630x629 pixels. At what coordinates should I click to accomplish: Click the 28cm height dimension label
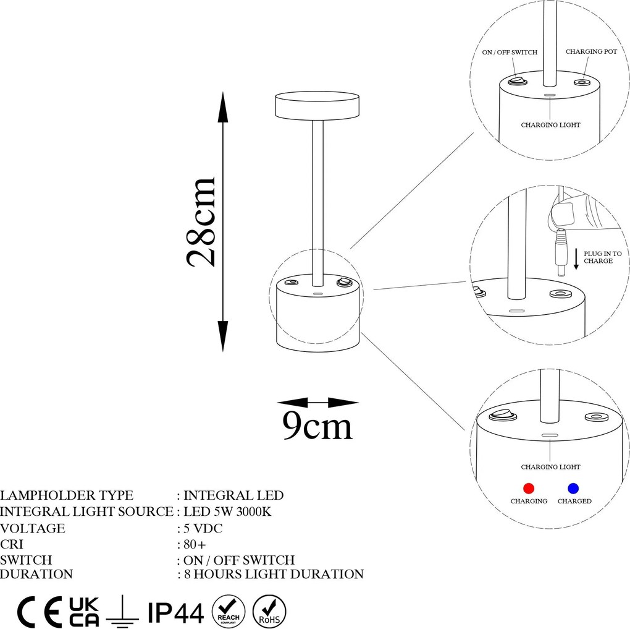[x=201, y=222]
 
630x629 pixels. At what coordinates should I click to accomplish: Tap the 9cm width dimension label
[x=317, y=425]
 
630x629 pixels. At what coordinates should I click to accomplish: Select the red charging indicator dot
[x=529, y=489]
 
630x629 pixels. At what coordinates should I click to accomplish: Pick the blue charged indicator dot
[x=573, y=489]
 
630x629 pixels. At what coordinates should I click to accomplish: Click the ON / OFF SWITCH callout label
[x=510, y=53]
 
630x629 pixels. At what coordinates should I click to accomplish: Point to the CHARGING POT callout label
[x=591, y=51]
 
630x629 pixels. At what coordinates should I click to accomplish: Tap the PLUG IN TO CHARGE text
[x=602, y=257]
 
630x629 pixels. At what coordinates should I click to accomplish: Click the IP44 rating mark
[x=176, y=612]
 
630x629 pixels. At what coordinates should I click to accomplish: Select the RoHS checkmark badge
[x=269, y=611]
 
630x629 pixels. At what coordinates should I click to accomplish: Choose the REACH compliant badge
[x=228, y=611]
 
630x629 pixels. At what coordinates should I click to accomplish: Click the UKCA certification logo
[x=84, y=612]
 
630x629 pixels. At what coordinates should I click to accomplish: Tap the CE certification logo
[x=40, y=612]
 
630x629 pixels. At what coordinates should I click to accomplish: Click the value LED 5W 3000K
[x=227, y=511]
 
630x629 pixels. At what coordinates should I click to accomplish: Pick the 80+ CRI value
[x=195, y=544]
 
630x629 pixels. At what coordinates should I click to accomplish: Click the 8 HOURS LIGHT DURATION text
[x=274, y=574]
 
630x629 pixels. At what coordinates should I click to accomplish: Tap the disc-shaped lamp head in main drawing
[x=317, y=106]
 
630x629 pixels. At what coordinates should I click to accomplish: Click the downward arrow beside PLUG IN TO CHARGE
[x=576, y=259]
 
